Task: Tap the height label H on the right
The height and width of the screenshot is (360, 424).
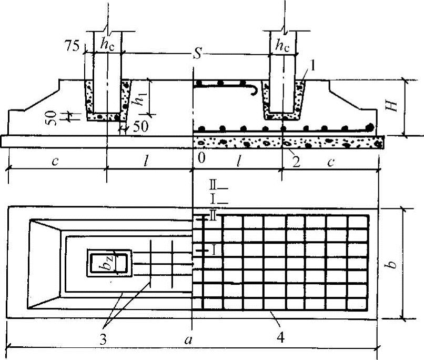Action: pos(390,106)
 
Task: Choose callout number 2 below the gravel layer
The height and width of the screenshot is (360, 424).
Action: pos(296,162)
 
